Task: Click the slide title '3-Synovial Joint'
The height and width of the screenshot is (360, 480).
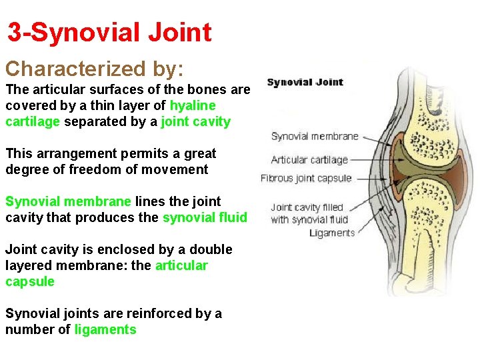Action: tap(109, 32)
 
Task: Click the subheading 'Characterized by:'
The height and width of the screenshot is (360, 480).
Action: tap(95, 69)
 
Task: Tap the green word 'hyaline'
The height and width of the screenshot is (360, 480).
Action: tap(193, 105)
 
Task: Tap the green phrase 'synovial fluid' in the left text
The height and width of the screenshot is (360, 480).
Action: tap(205, 217)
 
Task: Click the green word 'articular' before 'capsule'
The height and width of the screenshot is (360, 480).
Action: tap(181, 265)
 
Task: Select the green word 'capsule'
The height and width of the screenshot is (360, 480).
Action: tap(30, 281)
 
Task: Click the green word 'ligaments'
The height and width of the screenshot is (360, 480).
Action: tap(105, 329)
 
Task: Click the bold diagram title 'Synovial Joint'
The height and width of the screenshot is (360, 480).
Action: tap(305, 83)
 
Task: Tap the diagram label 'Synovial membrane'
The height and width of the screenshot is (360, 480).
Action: tap(315, 137)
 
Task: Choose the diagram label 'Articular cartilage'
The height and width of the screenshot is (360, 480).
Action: tap(309, 160)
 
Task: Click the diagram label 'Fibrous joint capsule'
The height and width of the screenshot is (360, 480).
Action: tap(305, 178)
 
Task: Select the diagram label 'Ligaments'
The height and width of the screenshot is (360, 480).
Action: tap(332, 233)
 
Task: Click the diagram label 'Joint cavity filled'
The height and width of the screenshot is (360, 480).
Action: tap(307, 207)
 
